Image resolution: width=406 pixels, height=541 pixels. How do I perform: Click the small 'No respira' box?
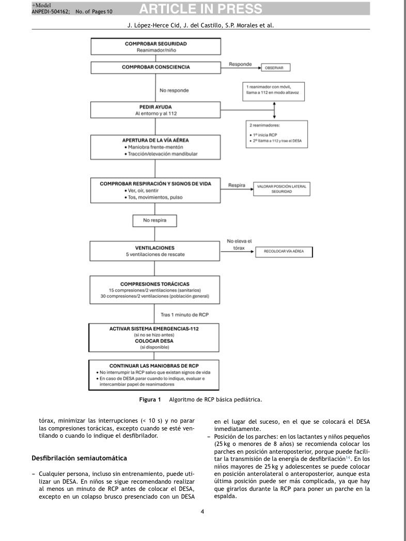coord(155,221)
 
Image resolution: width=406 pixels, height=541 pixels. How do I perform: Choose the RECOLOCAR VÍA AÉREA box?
coord(284,252)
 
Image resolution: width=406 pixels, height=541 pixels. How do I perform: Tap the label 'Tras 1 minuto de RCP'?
coord(181,314)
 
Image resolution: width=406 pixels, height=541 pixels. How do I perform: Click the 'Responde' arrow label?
coord(240,65)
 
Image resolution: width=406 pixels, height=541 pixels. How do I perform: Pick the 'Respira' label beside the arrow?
coord(237,185)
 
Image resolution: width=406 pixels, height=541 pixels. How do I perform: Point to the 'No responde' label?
coord(174,90)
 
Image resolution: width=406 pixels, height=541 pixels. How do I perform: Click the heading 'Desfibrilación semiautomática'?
coord(79,458)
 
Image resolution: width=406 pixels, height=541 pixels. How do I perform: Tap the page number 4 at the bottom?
coord(202,512)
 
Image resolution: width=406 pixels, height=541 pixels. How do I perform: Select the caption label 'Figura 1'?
coord(150,399)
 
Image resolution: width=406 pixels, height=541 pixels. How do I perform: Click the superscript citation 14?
coord(348,457)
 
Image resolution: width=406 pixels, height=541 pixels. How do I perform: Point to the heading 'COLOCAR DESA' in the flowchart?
coord(153,342)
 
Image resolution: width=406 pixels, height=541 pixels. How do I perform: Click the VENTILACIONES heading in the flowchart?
coord(153,248)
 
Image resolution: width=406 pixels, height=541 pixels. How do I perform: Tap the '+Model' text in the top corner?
coord(41,5)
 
